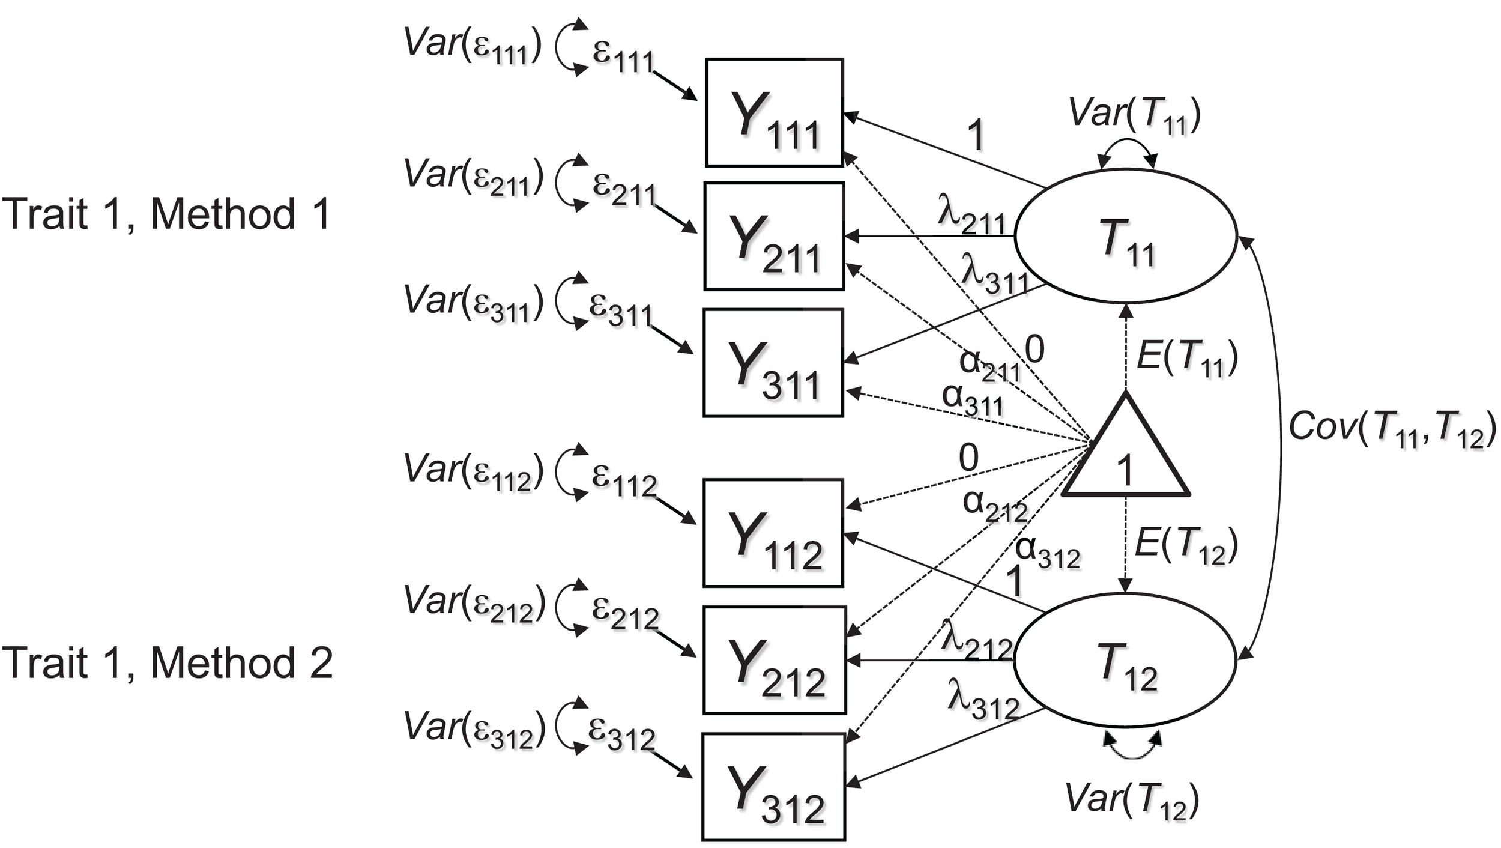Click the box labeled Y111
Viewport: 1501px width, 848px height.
(774, 113)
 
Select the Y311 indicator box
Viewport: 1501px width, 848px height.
(773, 363)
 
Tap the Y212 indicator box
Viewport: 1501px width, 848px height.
(775, 661)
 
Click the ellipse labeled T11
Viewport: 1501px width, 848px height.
(1126, 235)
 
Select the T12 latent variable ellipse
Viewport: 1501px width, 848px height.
(1125, 659)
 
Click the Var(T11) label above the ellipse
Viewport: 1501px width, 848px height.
(1134, 114)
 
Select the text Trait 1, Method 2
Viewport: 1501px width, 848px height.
(167, 662)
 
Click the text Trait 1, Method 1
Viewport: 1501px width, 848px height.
(166, 214)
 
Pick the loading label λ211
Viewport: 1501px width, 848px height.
(971, 216)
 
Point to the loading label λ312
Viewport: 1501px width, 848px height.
(983, 700)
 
